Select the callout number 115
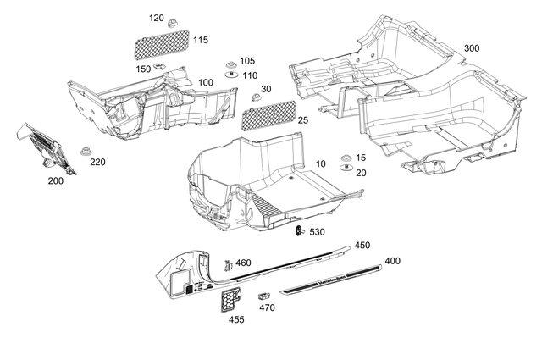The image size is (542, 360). coord(200,40)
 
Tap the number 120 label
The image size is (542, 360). coord(157,18)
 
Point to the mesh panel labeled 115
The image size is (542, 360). coord(164,42)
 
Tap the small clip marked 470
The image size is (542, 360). coord(263,296)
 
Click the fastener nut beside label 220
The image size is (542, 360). coord(86,151)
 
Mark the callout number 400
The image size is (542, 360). coord(393,261)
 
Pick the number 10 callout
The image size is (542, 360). coord(321,163)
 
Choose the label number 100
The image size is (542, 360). coord(206,82)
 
